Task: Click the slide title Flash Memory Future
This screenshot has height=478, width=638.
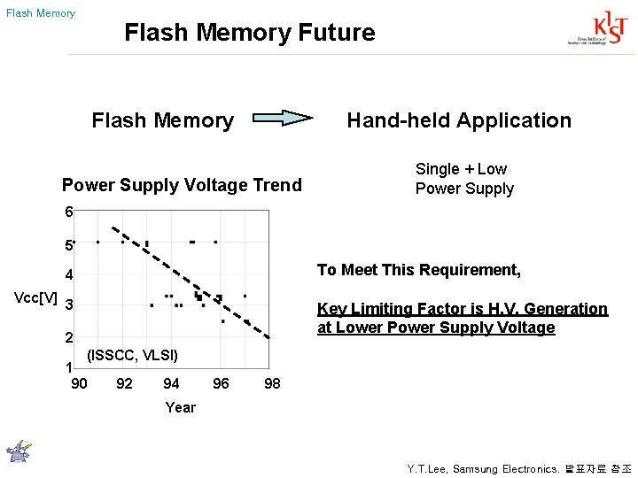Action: coord(250,33)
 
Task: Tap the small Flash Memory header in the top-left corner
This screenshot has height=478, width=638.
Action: coord(41,13)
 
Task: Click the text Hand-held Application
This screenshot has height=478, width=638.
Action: coord(459,120)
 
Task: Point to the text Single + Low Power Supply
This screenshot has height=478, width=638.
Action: coord(464,179)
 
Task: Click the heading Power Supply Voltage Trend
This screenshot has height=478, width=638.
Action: coord(182,185)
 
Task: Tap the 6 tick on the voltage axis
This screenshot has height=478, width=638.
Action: coord(68,212)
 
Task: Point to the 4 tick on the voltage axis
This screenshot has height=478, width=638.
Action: coord(68,274)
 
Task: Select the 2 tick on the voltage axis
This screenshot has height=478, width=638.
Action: coord(68,337)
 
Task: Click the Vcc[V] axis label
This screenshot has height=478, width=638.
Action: coord(37,297)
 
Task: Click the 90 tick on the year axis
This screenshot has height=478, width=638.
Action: coord(79,383)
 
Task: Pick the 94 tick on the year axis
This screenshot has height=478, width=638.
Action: coord(171,383)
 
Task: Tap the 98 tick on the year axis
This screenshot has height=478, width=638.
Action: coord(272,383)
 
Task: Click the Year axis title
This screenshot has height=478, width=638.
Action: coord(181,407)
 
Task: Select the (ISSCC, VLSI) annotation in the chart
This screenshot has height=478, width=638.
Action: coord(132,356)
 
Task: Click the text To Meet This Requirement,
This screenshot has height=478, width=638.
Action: coord(419,270)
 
